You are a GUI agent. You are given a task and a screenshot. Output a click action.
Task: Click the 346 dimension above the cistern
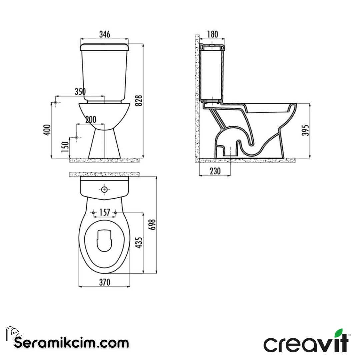tap(104, 34)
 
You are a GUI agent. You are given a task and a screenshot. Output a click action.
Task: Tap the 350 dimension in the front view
tap(80, 92)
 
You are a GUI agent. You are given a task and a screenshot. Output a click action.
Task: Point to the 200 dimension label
tap(90, 120)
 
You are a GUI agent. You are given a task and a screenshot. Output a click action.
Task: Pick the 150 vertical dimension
tap(65, 147)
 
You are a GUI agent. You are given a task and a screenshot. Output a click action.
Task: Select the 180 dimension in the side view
tap(212, 34)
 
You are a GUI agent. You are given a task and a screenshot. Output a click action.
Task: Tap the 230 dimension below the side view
tap(215, 171)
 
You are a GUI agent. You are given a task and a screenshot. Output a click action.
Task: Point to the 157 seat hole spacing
tap(105, 213)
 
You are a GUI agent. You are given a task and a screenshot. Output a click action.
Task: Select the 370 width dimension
tap(104, 282)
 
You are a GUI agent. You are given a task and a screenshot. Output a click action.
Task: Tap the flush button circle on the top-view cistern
tap(105, 190)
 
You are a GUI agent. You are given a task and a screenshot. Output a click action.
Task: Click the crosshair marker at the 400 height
tap(56, 102)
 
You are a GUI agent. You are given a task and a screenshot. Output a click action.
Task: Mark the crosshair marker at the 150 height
tap(76, 137)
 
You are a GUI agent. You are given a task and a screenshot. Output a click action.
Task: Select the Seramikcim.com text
tap(71, 342)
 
